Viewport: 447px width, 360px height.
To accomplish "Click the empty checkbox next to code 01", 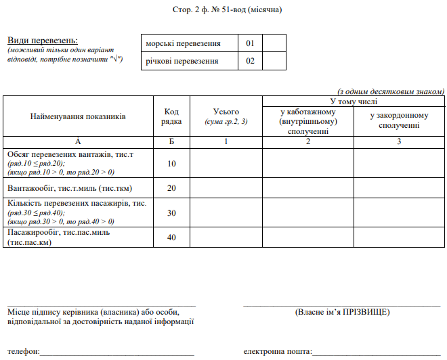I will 274,43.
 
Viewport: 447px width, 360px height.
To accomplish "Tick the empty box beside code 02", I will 274,61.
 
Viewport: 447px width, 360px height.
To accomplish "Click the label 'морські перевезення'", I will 184,43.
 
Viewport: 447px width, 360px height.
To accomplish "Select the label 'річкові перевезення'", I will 182,61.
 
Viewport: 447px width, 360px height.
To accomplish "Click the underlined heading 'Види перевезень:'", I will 43,41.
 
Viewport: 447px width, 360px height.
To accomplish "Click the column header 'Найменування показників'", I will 78,116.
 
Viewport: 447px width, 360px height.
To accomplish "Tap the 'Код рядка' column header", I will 171,116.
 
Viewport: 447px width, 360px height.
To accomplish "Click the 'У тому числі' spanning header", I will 354,101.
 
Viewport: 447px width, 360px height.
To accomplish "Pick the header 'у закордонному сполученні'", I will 399,120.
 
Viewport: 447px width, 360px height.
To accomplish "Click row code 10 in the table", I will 171,163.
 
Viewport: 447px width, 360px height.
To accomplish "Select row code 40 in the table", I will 171,238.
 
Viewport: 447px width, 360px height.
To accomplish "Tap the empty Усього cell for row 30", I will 226,212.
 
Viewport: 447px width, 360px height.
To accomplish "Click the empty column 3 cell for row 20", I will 399,187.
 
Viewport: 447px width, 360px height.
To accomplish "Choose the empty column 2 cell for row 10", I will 307,163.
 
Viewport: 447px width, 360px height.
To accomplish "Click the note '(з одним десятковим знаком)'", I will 391,91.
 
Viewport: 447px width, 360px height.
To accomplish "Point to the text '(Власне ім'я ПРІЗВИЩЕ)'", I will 342,313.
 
